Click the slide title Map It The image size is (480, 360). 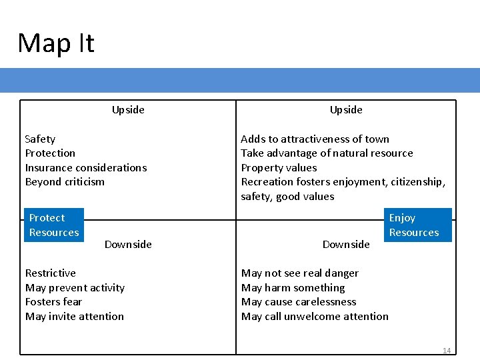pyautogui.click(x=56, y=43)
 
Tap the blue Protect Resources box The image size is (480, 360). pyautogui.click(x=54, y=225)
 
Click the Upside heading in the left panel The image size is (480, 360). pyautogui.click(x=128, y=110)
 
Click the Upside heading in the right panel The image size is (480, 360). pyautogui.click(x=346, y=110)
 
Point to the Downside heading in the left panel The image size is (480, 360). pyautogui.click(x=128, y=245)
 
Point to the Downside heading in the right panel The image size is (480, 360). pyautogui.click(x=346, y=245)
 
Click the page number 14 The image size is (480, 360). pyautogui.click(x=446, y=351)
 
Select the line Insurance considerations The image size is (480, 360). pyautogui.click(x=86, y=167)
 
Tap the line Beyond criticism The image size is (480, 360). pyautogui.click(x=65, y=182)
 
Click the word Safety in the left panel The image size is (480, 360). pyautogui.click(x=40, y=139)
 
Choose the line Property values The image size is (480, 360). pyautogui.click(x=279, y=167)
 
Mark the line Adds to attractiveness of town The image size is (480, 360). pyautogui.click(x=315, y=139)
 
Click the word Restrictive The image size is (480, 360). pyautogui.click(x=50, y=273)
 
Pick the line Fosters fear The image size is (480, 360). pyautogui.click(x=53, y=302)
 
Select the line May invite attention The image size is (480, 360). pyautogui.click(x=75, y=317)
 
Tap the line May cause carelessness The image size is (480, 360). pyautogui.click(x=299, y=302)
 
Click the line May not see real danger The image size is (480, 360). pyautogui.click(x=299, y=273)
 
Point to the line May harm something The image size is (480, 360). pyautogui.click(x=293, y=288)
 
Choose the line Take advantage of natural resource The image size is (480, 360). pyautogui.click(x=327, y=153)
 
